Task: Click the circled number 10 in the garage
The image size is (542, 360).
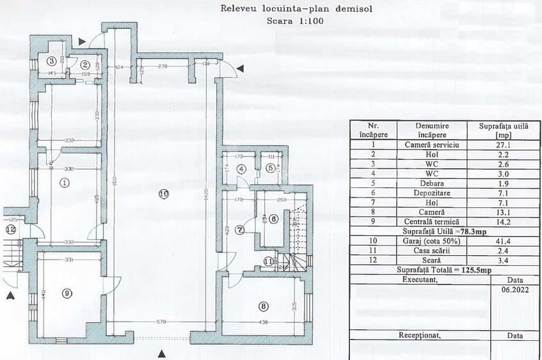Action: pos(163,193)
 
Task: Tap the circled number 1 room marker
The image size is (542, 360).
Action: pos(63,182)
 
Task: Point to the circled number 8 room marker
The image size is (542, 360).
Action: pos(264,306)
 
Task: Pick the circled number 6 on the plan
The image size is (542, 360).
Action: pos(273,219)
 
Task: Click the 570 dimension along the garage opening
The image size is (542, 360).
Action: pos(163,322)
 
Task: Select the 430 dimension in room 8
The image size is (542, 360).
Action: pos(264,322)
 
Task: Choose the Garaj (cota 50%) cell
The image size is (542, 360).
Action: pos(435,240)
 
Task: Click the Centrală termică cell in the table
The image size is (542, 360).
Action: pos(435,221)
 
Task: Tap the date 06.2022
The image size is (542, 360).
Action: pos(514,289)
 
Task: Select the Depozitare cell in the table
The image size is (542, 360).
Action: pos(435,192)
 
